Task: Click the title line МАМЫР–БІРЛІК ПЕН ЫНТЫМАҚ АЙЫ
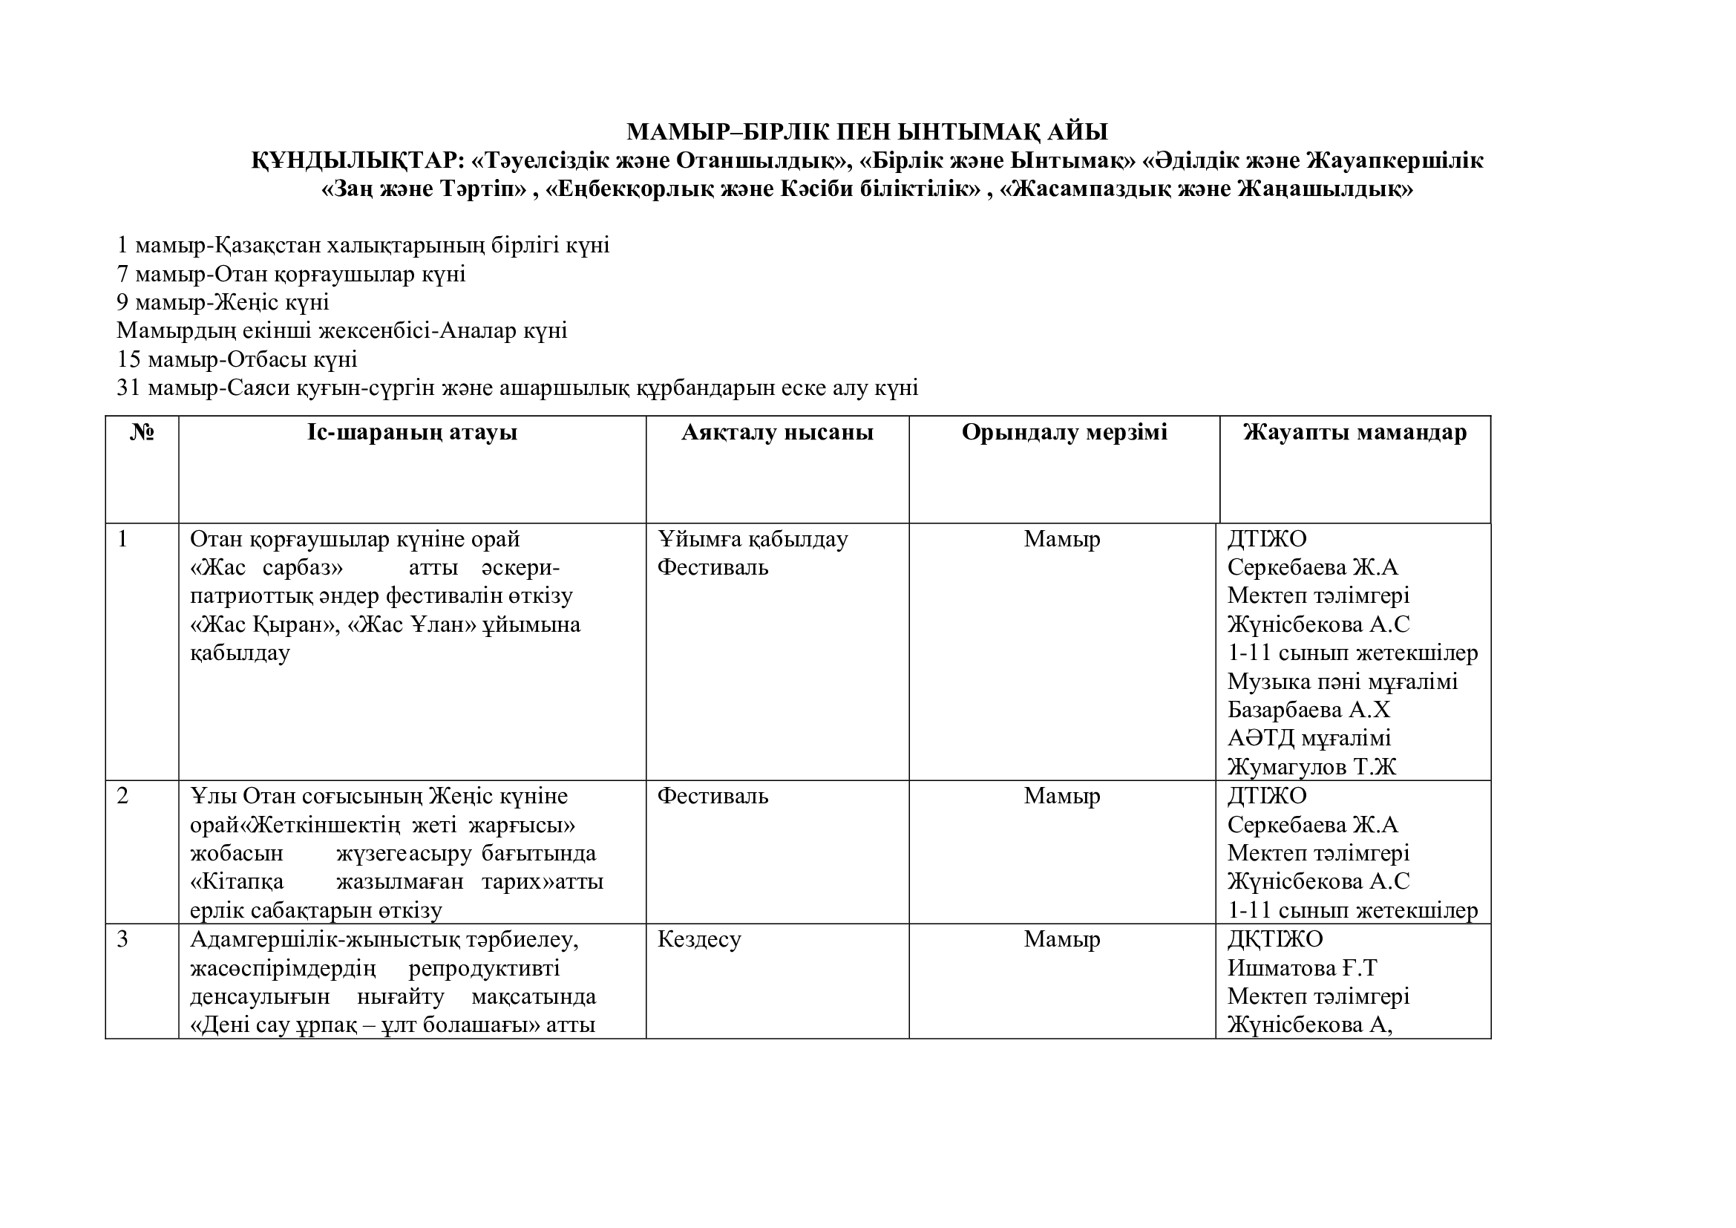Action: point(866,132)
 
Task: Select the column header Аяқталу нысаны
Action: point(777,433)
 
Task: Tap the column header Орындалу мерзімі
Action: point(1064,433)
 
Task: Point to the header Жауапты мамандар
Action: point(1355,433)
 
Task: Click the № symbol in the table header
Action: point(143,433)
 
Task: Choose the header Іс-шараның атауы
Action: point(412,433)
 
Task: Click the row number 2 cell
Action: point(122,796)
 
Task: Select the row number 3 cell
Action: point(122,939)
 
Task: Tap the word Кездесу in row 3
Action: point(698,939)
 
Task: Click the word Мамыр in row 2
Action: point(1061,796)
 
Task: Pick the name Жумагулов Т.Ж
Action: point(1311,767)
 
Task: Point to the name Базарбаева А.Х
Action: point(1308,710)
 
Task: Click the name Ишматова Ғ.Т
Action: point(1302,968)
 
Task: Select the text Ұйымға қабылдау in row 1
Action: point(753,539)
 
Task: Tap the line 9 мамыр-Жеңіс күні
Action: point(223,302)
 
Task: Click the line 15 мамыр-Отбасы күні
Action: point(237,359)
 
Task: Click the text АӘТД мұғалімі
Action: point(1308,738)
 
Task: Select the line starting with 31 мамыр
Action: point(517,388)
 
